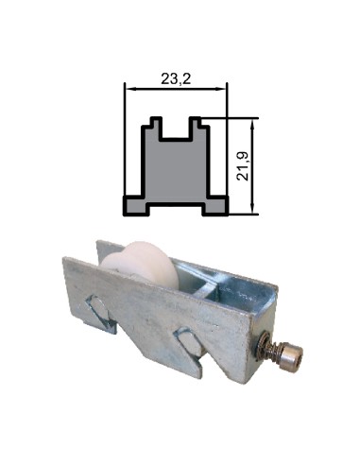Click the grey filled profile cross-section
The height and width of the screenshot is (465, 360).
pos(176,170)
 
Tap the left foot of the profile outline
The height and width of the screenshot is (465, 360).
pos(135,204)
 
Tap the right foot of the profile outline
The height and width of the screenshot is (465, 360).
pos(217,204)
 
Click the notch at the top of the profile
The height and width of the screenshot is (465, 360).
pos(176,129)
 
